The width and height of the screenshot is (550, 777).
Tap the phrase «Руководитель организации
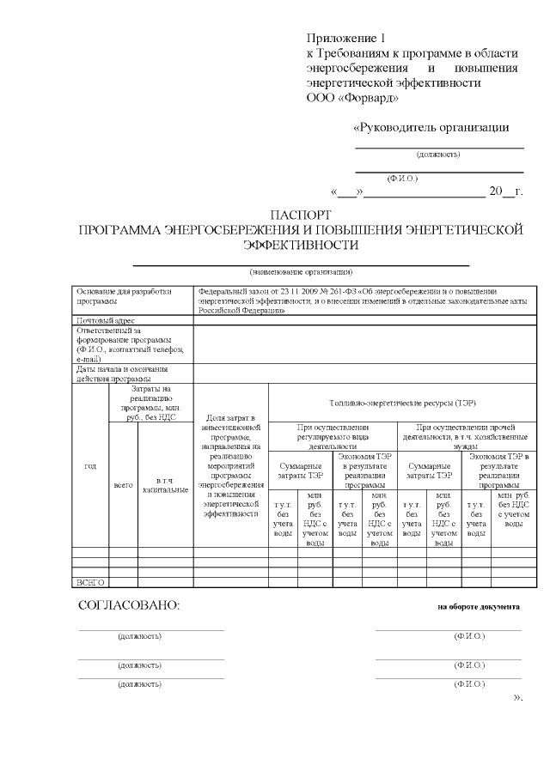[431, 128]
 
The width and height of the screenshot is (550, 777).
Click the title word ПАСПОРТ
[300, 214]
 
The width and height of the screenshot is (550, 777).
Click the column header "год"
[89, 466]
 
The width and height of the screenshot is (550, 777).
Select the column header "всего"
[123, 485]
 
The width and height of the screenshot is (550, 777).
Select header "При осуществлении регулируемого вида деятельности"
[333, 436]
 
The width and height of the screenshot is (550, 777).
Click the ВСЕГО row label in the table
[90, 582]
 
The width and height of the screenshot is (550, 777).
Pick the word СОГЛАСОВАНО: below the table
[130, 605]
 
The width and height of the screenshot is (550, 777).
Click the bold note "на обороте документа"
[478, 606]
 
